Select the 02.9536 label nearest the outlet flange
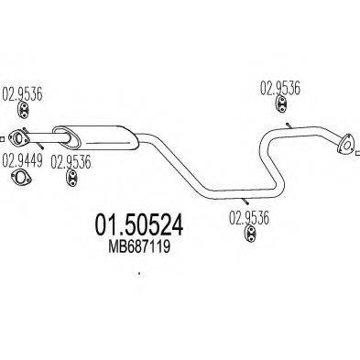click(280, 89)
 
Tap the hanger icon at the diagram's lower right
click(248, 240)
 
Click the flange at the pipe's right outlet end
click(344, 142)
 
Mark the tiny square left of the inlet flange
click(4, 139)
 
